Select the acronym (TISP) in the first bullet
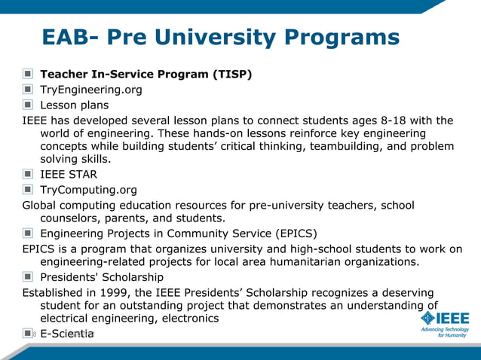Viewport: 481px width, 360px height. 231,75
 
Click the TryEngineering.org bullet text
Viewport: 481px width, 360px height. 90,90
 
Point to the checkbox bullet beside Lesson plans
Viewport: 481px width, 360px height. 28,105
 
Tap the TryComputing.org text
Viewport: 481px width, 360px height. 88,190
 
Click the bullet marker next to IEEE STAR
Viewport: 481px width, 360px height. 28,175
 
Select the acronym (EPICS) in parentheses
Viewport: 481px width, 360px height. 290,233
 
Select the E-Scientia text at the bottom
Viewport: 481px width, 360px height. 66,333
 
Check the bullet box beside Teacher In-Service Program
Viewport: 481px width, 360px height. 28,75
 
